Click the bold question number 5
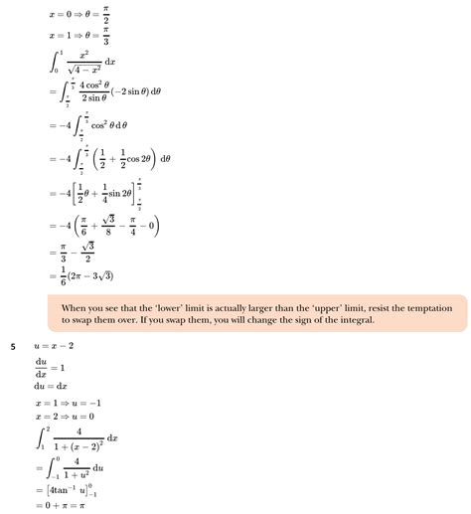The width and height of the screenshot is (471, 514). tap(13, 346)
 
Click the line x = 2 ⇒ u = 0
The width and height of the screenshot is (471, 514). tap(71, 417)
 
